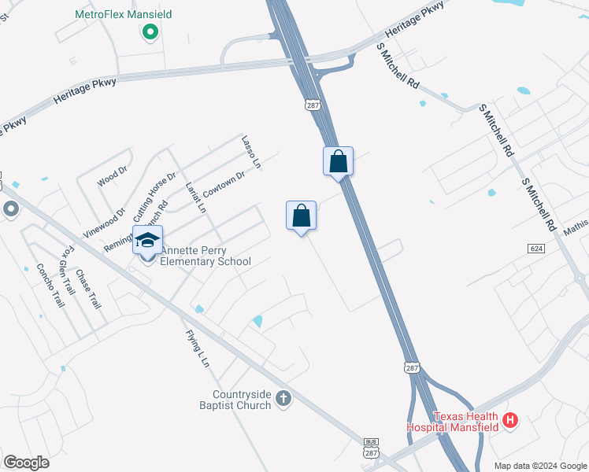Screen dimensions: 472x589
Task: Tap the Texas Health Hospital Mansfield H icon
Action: coord(510,420)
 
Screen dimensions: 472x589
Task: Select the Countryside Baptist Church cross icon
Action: coord(284,400)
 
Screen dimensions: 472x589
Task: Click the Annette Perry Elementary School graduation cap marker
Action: coord(147,240)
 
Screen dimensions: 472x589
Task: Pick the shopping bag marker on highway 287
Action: coord(338,161)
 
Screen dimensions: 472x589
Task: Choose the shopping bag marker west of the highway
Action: coord(301,215)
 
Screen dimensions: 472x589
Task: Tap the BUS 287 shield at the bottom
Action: coord(372,448)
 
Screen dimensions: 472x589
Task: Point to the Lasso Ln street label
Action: coord(251,151)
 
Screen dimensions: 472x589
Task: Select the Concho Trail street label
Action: coord(50,285)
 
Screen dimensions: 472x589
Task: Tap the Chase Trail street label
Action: coord(89,289)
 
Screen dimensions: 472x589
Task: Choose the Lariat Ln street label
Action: coord(195,197)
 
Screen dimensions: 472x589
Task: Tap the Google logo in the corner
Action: coord(27,462)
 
